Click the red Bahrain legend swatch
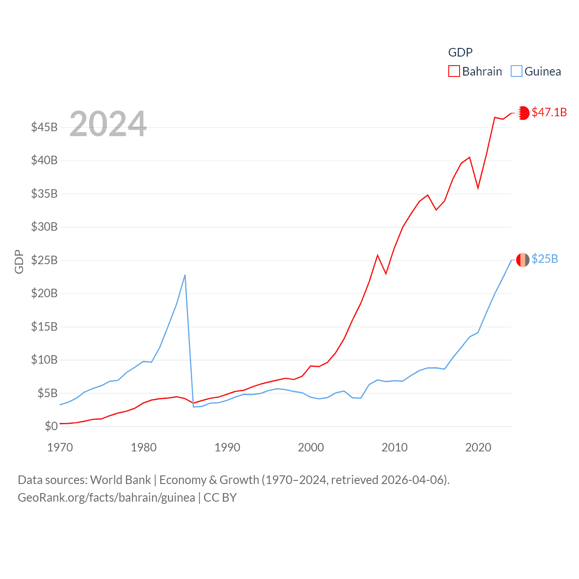pos(454,71)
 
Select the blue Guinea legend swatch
pos(516,71)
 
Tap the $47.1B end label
pos(549,112)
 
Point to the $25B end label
pos(545,259)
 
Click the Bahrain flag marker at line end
pos(523,113)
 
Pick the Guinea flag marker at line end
pos(522,260)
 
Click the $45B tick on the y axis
pos(44,127)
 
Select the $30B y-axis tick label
pos(44,227)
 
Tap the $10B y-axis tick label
pos(44,360)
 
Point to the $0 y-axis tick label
pos(51,426)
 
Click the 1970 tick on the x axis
pos(60,447)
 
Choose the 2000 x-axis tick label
pos(311,447)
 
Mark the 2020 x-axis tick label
pos(478,447)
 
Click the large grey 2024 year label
pos(108,123)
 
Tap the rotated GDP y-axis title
pos(19,261)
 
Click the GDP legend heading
pos(460,52)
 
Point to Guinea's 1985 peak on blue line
pos(185,275)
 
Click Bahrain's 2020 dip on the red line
pos(478,188)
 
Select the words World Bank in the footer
pos(120,479)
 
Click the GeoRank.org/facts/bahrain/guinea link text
pos(106,498)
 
